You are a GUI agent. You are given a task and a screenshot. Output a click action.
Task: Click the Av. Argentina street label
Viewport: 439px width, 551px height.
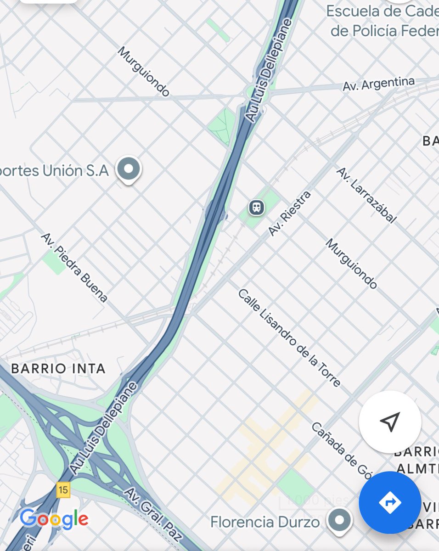pos(378,84)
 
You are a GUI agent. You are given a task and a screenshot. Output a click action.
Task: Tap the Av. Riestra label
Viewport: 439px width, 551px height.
pos(289,214)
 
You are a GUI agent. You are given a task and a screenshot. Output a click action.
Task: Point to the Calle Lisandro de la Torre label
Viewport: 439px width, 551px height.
pos(289,337)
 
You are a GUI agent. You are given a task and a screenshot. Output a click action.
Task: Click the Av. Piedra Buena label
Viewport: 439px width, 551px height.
pos(74,267)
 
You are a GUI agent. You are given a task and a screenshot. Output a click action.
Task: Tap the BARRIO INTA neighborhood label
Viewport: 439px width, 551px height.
pos(58,368)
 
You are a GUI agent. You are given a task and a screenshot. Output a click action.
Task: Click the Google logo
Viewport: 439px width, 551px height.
pos(54,519)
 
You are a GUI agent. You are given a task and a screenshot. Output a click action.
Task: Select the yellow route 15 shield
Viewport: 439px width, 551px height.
pos(63,490)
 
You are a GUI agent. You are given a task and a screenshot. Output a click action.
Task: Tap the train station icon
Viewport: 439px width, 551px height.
pos(257,208)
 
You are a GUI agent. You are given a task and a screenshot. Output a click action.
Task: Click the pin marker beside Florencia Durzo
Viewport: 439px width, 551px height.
pos(340,520)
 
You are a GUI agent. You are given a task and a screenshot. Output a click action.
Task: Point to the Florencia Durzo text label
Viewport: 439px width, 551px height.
pos(265,522)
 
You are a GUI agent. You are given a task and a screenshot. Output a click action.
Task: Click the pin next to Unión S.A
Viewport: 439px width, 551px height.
pos(129,169)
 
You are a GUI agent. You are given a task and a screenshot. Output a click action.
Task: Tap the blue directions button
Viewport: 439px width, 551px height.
pos(390,502)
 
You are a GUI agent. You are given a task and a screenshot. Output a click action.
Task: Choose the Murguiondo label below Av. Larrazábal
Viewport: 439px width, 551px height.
pos(351,264)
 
